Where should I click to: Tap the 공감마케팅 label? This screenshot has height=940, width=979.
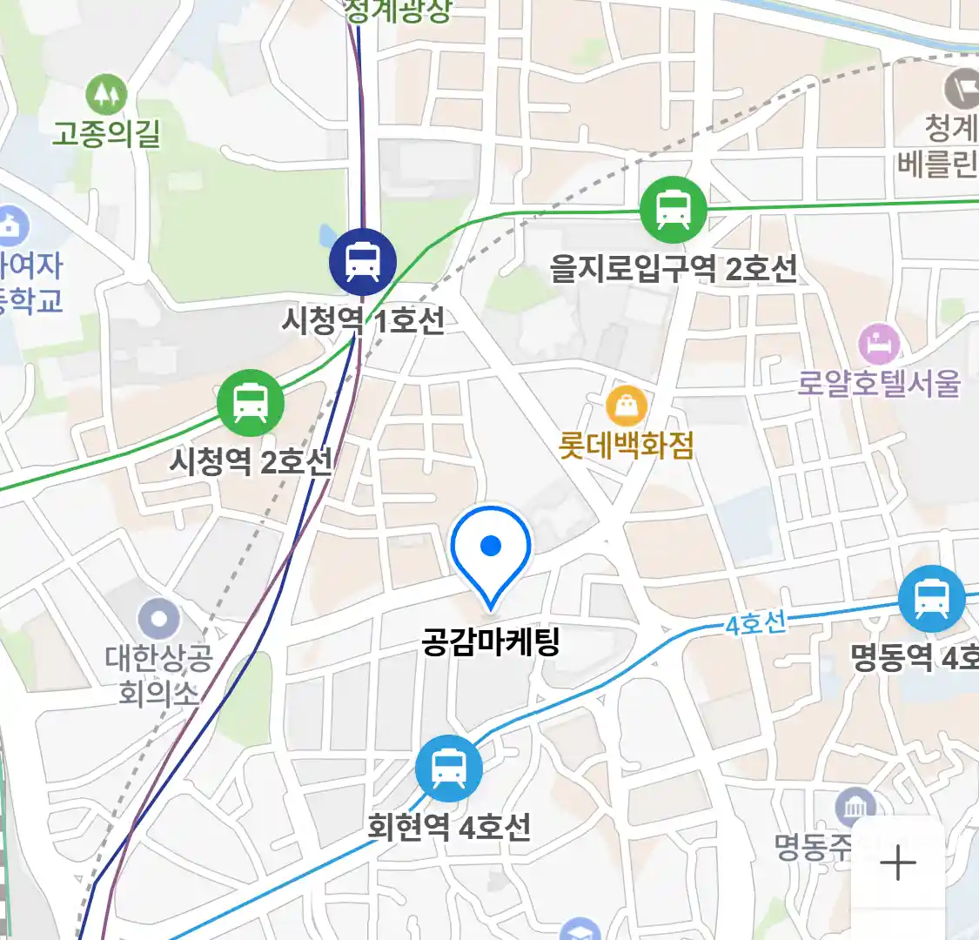pos(491,642)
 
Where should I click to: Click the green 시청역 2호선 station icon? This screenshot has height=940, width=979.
pos(251,403)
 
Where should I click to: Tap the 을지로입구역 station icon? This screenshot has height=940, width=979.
pos(673,210)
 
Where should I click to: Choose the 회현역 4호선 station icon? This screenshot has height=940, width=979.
pos(448,769)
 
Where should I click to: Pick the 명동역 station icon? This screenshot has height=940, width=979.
pos(931,599)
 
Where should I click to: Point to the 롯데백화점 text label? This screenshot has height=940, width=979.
pos(627,446)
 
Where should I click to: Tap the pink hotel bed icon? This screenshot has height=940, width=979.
pos(880,345)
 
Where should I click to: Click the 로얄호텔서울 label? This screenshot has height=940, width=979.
pos(879,383)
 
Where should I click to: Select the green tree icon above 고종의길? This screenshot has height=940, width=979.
pos(106,93)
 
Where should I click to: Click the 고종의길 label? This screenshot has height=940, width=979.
pos(106,133)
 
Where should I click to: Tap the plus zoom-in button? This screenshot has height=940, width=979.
pos(897,863)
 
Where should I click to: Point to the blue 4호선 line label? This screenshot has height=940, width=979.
pos(755,623)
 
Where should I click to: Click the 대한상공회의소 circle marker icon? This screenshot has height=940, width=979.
pos(158,620)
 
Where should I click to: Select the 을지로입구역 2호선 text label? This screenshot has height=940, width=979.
pos(673,268)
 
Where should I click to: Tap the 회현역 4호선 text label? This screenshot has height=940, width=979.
pos(448,826)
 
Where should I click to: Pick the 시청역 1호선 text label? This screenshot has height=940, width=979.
pos(363,320)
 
